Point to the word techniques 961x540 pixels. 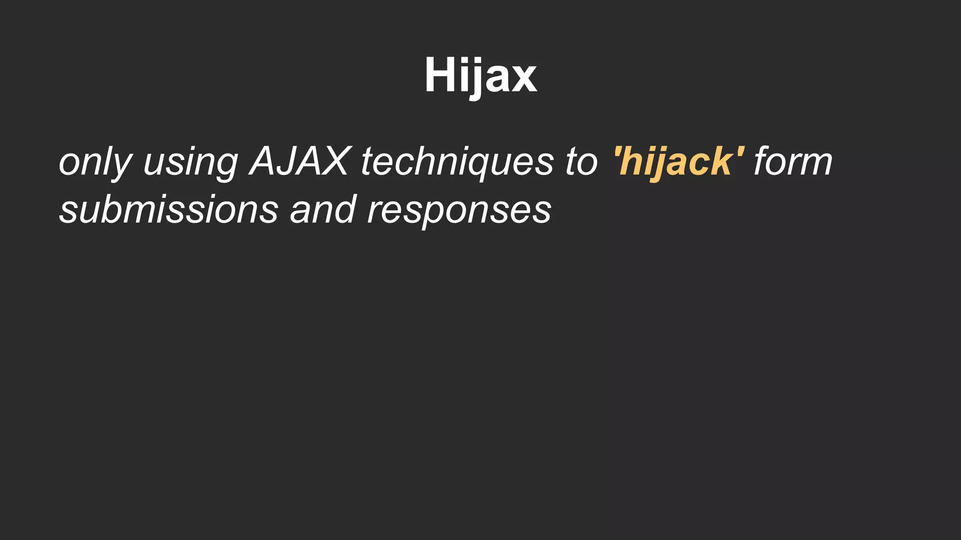(457, 162)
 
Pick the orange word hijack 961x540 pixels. (679, 162)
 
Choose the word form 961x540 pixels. (793, 161)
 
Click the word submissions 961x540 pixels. (169, 210)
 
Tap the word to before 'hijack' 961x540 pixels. (581, 162)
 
